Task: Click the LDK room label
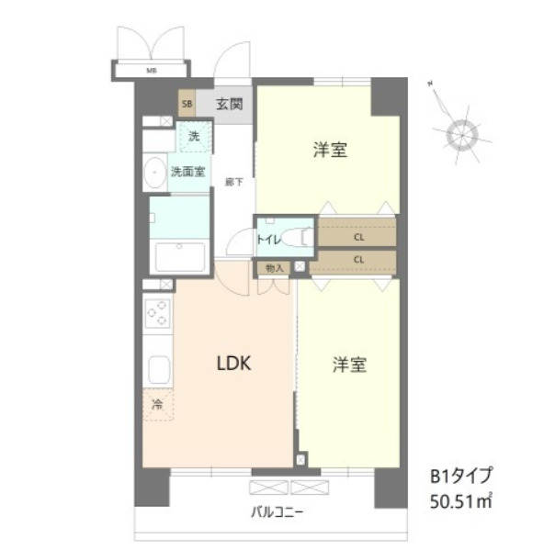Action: pyautogui.click(x=233, y=363)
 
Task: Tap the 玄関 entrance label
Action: pyautogui.click(x=229, y=103)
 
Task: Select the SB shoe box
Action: pyautogui.click(x=187, y=104)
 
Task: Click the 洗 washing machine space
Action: pyautogui.click(x=194, y=138)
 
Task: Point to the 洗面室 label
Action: pyautogui.click(x=187, y=172)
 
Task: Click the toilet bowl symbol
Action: pyautogui.click(x=297, y=237)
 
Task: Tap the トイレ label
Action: pyautogui.click(x=268, y=240)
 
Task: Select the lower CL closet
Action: pyautogui.click(x=357, y=260)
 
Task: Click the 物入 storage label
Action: pyautogui.click(x=273, y=267)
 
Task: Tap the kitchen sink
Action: pyautogui.click(x=156, y=371)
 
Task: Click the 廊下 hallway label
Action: pyautogui.click(x=233, y=183)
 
